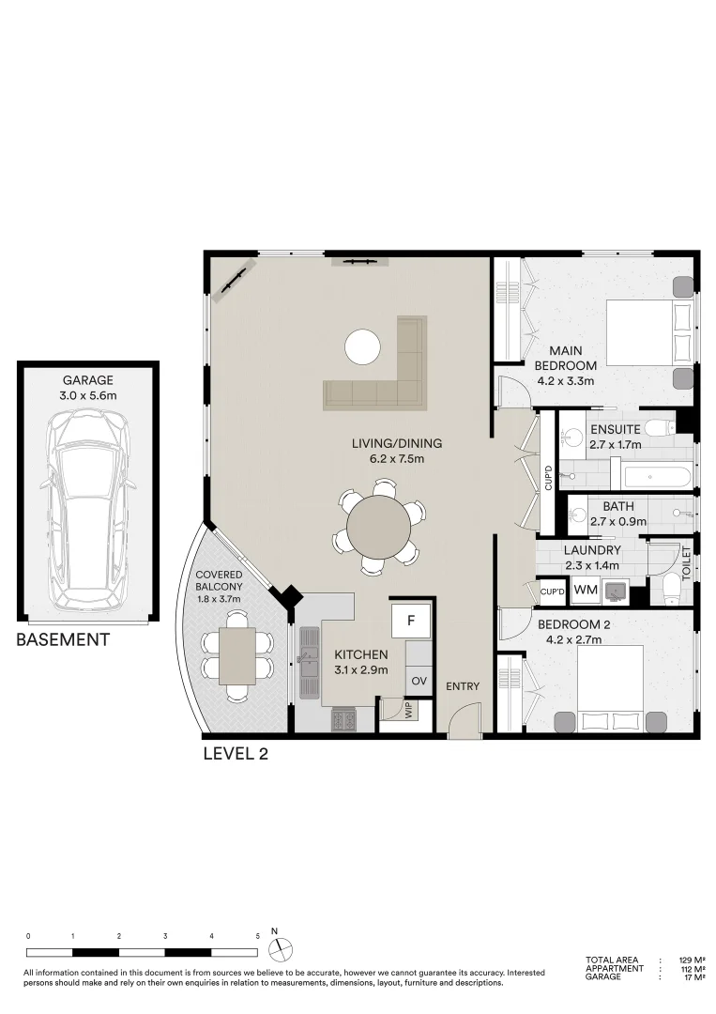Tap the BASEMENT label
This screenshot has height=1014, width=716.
[x=63, y=640]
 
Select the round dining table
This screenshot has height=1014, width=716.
[x=378, y=526]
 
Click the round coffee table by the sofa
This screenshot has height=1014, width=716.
[x=363, y=346]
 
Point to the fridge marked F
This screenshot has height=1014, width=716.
[x=410, y=620]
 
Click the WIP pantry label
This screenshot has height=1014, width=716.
[x=408, y=710]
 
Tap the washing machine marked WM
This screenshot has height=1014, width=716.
[x=585, y=590]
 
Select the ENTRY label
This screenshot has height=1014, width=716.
[x=463, y=686]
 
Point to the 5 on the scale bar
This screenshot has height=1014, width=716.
[x=257, y=936]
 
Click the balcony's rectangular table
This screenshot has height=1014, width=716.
[x=238, y=654]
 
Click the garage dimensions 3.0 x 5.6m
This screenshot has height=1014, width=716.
[x=88, y=395]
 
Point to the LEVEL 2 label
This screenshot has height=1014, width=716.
[x=236, y=753]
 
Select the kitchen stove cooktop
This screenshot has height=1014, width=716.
[x=343, y=720]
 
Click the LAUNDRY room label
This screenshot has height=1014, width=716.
[x=592, y=550]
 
